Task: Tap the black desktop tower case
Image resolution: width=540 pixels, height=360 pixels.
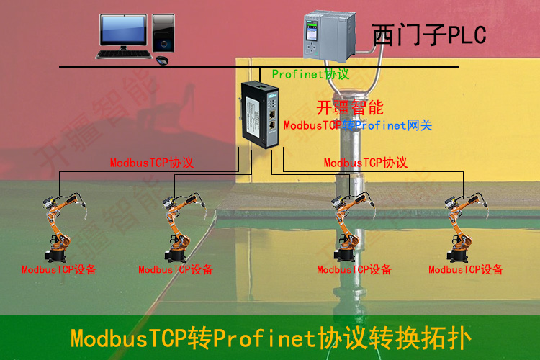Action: (163, 32)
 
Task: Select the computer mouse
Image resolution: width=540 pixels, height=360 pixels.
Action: (162, 60)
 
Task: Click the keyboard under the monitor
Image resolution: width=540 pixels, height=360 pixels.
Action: (124, 55)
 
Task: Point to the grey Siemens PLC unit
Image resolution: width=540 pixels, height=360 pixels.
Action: (329, 36)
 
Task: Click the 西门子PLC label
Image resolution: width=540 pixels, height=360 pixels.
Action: (429, 35)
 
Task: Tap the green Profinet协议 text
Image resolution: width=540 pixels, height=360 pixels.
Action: (310, 74)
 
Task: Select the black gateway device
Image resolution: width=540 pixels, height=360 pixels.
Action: (260, 114)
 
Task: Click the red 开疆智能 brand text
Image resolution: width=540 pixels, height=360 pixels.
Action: (350, 108)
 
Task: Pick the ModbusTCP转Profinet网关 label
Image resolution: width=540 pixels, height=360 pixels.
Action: (358, 125)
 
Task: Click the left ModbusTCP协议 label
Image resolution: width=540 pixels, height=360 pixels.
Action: (152, 163)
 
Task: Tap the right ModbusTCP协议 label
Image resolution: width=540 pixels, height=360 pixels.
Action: (366, 163)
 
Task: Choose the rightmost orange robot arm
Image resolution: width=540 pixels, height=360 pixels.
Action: (466, 227)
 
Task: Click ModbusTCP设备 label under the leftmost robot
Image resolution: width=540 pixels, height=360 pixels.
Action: (59, 269)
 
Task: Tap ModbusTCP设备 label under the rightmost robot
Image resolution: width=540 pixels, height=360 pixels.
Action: (466, 269)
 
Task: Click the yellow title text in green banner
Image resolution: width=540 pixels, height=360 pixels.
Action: (271, 338)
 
